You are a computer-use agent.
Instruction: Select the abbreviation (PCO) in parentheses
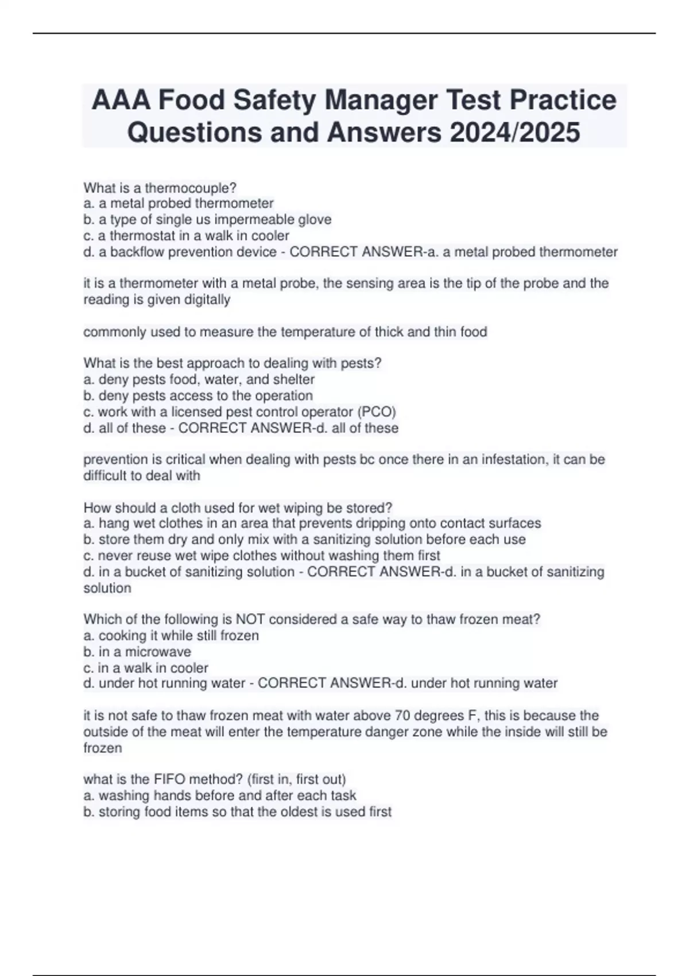pos(377,412)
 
